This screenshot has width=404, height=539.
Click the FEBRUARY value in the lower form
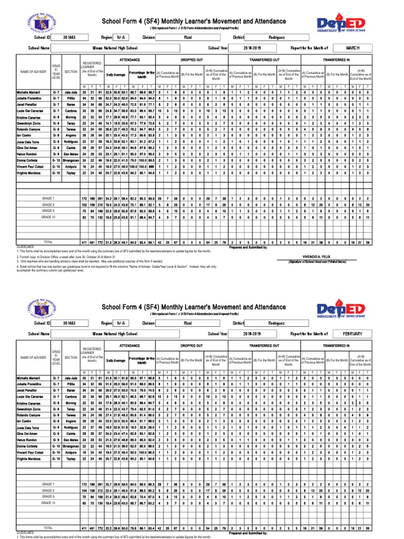tap(352, 333)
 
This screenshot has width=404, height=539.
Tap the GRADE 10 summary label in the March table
tap(48, 217)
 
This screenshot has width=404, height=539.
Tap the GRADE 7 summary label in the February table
tap(48, 484)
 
